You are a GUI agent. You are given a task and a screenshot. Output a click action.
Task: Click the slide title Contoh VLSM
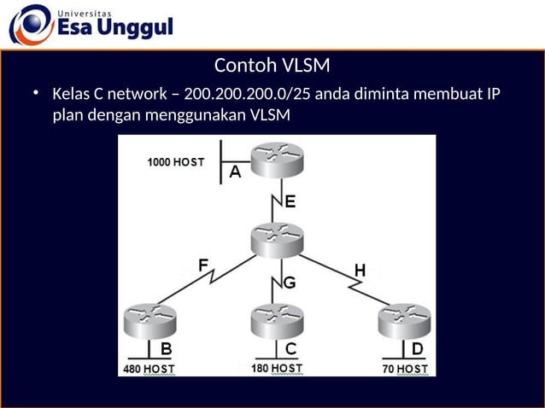[272, 66]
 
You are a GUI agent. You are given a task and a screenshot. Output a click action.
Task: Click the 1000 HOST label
[175, 161]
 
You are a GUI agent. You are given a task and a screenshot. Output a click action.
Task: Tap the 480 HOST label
[146, 369]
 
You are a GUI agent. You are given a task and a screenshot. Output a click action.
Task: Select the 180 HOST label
[277, 368]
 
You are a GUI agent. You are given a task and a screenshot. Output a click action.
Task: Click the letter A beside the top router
[236, 172]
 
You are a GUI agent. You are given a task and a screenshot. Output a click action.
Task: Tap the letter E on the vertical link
[290, 202]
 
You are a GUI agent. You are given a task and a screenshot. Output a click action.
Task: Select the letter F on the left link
[204, 265]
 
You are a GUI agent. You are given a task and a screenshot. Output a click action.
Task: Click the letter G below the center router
[290, 283]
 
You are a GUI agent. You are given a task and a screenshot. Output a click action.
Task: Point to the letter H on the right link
[360, 271]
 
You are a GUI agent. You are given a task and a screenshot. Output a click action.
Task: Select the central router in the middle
[277, 239]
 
